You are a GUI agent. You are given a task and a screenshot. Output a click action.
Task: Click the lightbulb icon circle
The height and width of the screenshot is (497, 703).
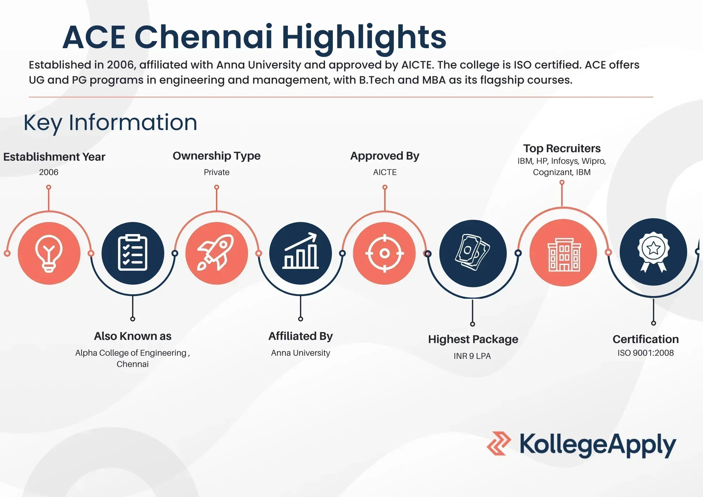tap(49, 253)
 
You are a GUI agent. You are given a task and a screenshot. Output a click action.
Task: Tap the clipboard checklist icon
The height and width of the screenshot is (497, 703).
tap(133, 253)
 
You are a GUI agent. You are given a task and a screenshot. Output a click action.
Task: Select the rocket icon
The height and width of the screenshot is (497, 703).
tap(217, 253)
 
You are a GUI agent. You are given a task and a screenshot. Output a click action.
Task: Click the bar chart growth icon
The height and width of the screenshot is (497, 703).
tap(301, 253)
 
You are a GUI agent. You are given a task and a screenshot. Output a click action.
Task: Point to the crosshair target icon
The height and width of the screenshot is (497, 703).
tap(385, 253)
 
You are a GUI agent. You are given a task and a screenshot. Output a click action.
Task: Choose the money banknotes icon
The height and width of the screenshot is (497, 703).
tap(473, 253)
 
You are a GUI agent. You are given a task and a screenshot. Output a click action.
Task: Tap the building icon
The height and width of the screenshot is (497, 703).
tap(563, 253)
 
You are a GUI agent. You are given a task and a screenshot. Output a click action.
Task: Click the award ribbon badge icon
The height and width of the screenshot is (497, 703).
tap(653, 252)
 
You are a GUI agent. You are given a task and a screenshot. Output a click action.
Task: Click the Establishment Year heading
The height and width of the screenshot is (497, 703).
tap(54, 157)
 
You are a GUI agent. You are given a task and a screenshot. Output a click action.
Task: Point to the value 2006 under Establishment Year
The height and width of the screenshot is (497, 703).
tap(49, 172)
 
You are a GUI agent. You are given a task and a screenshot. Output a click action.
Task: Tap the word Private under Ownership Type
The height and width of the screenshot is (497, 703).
tap(217, 172)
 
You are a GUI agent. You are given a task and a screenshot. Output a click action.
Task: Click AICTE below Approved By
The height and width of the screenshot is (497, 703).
tap(385, 172)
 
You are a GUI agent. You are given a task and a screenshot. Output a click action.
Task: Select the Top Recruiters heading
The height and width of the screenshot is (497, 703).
tap(562, 148)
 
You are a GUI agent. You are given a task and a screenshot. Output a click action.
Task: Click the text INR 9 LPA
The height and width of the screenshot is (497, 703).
tap(472, 356)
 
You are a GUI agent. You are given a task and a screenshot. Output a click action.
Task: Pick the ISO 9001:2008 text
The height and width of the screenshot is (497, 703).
tap(646, 353)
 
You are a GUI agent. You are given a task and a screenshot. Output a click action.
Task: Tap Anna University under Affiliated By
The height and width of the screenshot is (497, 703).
tap(301, 353)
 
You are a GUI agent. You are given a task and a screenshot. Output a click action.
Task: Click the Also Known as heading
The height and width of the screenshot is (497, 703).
tap(133, 336)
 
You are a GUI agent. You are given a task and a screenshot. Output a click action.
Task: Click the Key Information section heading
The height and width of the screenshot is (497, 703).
tap(110, 123)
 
